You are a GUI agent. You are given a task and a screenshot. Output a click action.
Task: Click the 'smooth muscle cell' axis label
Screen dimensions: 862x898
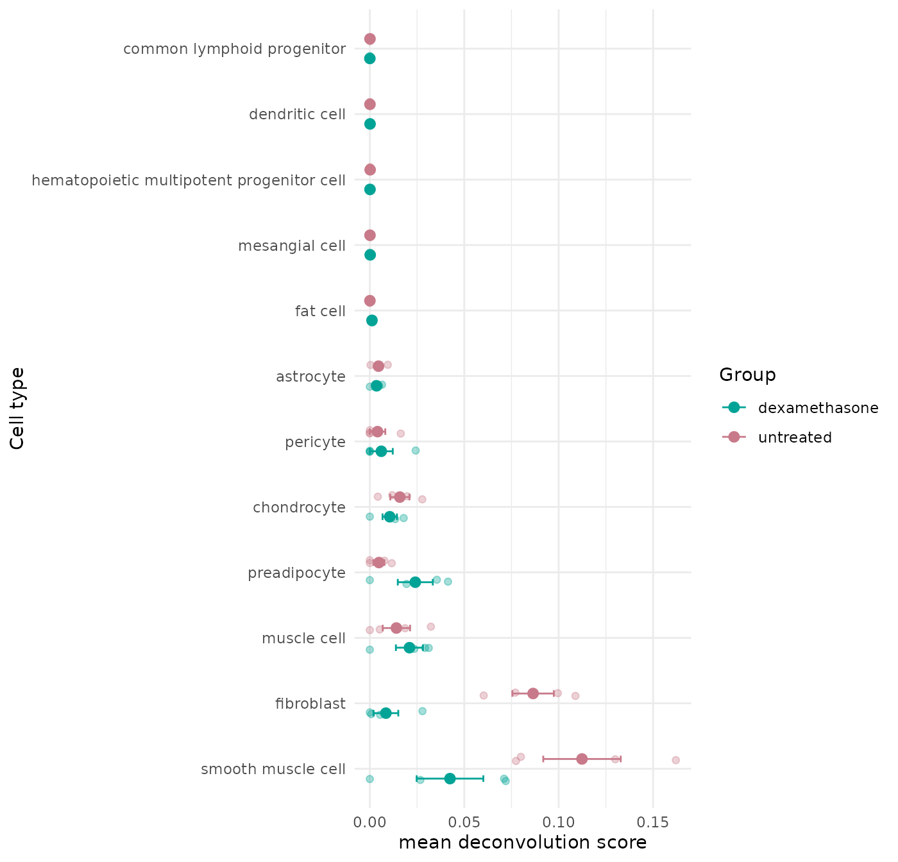(x=273, y=769)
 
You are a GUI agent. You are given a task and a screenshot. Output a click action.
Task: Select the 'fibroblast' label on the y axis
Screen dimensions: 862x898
(x=310, y=704)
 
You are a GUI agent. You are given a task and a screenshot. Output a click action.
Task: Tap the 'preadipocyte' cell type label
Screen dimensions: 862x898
(x=297, y=573)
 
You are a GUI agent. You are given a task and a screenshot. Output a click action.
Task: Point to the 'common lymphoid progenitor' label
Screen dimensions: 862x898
(x=235, y=49)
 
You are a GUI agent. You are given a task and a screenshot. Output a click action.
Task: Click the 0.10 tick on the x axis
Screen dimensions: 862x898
(x=559, y=823)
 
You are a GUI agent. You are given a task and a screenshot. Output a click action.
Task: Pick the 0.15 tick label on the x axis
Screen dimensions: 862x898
(x=653, y=823)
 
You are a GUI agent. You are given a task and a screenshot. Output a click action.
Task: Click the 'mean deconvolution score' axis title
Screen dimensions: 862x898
(x=523, y=842)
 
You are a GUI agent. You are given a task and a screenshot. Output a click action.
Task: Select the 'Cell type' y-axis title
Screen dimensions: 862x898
(x=17, y=408)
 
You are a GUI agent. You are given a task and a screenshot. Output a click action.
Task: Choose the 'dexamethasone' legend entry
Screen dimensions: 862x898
(x=818, y=408)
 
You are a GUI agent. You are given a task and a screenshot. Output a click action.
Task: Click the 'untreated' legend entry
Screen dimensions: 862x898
(x=795, y=437)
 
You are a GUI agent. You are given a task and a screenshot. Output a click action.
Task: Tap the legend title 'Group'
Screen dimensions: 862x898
(x=747, y=375)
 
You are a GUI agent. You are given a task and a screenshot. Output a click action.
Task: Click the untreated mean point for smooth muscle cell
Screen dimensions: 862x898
(x=582, y=759)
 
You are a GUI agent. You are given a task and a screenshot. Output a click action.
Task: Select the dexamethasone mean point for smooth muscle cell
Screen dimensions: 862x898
(x=450, y=779)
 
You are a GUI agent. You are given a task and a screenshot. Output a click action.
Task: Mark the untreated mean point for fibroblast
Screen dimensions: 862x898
(x=533, y=693)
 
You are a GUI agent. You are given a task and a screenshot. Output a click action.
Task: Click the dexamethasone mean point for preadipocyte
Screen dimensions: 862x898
(x=415, y=582)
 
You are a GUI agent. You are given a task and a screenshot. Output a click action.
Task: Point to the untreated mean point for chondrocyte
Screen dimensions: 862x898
(x=400, y=497)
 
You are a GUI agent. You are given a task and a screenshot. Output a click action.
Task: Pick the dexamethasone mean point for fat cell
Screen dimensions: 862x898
(x=372, y=321)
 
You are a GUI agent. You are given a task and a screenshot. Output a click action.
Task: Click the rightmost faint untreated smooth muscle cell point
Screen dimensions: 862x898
(x=675, y=760)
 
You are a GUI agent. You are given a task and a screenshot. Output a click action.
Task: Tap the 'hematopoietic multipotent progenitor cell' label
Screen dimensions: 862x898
(x=189, y=180)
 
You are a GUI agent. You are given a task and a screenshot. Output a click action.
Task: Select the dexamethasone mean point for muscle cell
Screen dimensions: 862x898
(x=409, y=648)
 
